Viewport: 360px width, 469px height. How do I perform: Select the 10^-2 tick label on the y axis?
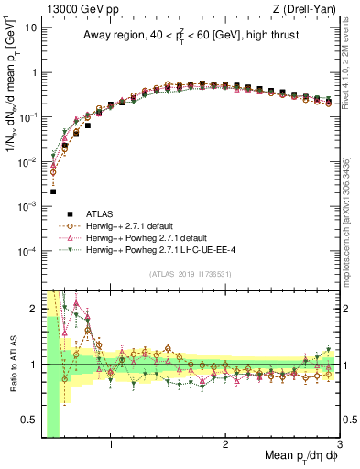click(28, 162)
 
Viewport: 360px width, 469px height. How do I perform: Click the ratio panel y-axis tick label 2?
click(35, 309)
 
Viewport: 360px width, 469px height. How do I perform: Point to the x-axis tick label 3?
click(339, 445)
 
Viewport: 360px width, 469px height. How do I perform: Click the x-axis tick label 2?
click(225, 445)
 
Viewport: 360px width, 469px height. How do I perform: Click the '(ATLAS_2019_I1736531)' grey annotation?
click(191, 274)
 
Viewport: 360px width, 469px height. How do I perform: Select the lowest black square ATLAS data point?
click(53, 191)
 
